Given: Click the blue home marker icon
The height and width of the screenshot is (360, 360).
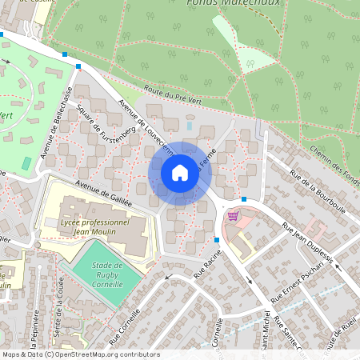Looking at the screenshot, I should click(180, 173).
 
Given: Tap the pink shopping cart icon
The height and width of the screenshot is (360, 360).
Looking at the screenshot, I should click(233, 215).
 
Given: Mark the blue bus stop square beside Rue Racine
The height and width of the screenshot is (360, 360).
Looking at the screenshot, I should click(217, 239).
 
